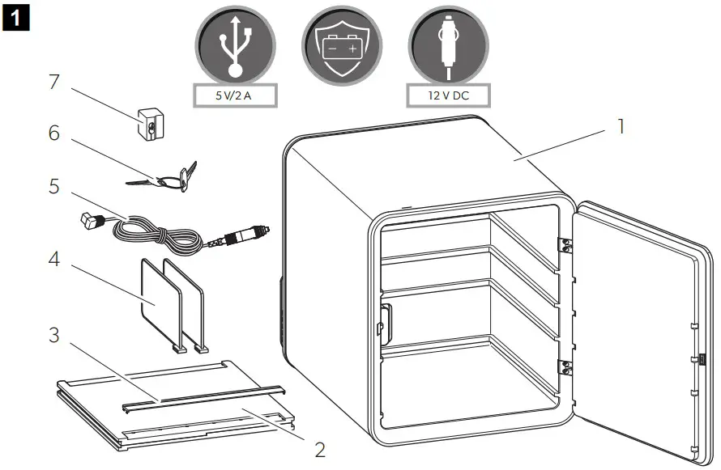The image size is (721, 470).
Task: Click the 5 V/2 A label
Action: point(235,96)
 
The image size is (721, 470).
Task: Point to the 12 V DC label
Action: point(448,96)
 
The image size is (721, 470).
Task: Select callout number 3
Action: point(53,335)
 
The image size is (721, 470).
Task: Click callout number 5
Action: point(53,186)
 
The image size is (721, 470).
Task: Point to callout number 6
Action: point(53,133)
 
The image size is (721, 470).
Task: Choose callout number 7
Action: point(53,82)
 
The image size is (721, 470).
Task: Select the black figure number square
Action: point(16,16)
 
